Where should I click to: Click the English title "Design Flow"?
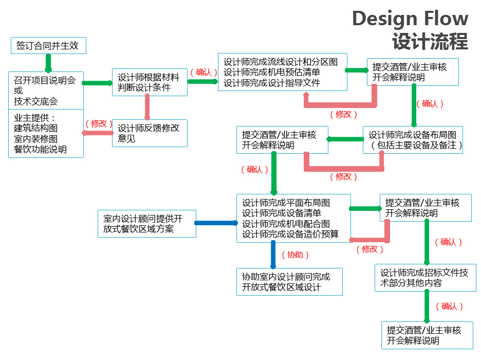pyautogui.click(x=410, y=19)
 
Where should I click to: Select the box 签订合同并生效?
pyautogui.click(x=48, y=45)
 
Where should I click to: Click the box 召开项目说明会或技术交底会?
pyautogui.click(x=46, y=90)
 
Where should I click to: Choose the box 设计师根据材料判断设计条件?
pyautogui.click(x=149, y=82)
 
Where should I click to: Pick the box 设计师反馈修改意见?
pyautogui.click(x=149, y=133)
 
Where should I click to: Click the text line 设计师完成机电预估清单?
pyautogui.click(x=272, y=72)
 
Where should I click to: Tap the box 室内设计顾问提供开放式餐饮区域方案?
pyautogui.click(x=146, y=223)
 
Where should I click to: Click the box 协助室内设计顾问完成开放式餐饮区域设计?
pyautogui.click(x=289, y=282)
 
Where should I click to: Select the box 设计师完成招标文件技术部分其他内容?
pyautogui.click(x=425, y=278)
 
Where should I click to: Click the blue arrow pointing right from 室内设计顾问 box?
pyautogui.click(x=216, y=223)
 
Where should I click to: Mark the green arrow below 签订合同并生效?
pyautogui.click(x=48, y=63)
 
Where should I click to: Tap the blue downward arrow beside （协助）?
pyautogui.click(x=273, y=255)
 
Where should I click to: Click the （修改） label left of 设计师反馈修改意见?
pyautogui.click(x=99, y=123)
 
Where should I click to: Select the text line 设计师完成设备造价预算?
pyautogui.click(x=290, y=235)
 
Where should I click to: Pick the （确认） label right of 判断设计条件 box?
pyautogui.click(x=203, y=72)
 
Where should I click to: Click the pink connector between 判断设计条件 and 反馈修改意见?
pyautogui.click(x=147, y=107)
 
